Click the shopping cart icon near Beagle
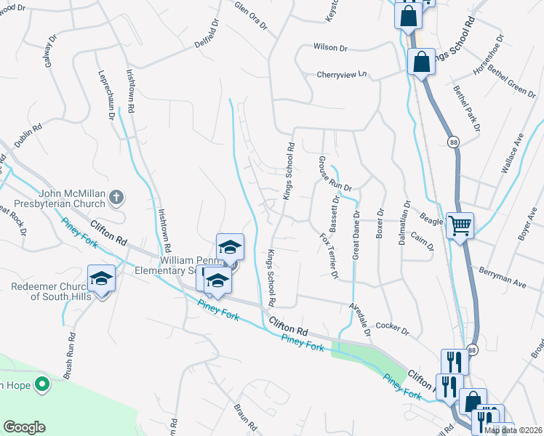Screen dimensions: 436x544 pyautogui.click(x=460, y=225)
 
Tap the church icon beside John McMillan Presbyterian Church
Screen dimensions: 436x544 pyautogui.click(x=116, y=195)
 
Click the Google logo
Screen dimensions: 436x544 pyautogui.click(x=24, y=427)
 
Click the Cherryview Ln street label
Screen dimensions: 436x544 pyautogui.click(x=342, y=74)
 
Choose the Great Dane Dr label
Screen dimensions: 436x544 pyautogui.click(x=356, y=235)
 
